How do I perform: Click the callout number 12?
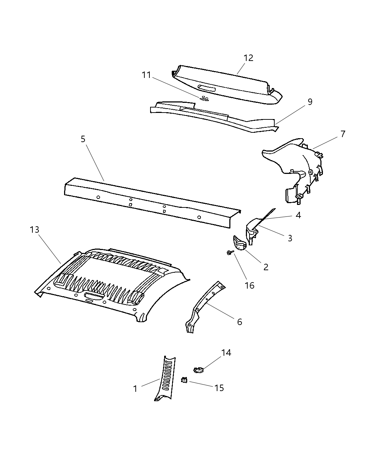(248, 58)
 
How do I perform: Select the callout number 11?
(146, 75)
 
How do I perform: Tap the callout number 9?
(310, 102)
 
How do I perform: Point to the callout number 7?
(343, 134)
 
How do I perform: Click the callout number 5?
(83, 139)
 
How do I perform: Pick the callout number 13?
(34, 229)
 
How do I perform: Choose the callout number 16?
(249, 285)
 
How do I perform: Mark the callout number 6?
(240, 321)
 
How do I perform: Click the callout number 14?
(226, 352)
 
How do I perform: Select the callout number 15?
(219, 388)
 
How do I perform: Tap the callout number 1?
(135, 389)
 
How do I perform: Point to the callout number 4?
(298, 215)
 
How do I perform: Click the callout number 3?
(290, 238)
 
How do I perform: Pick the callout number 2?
(266, 267)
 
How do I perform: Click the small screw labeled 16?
(228, 253)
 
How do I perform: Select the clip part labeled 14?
(199, 369)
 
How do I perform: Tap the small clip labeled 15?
(184, 380)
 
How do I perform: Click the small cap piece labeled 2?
(239, 243)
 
